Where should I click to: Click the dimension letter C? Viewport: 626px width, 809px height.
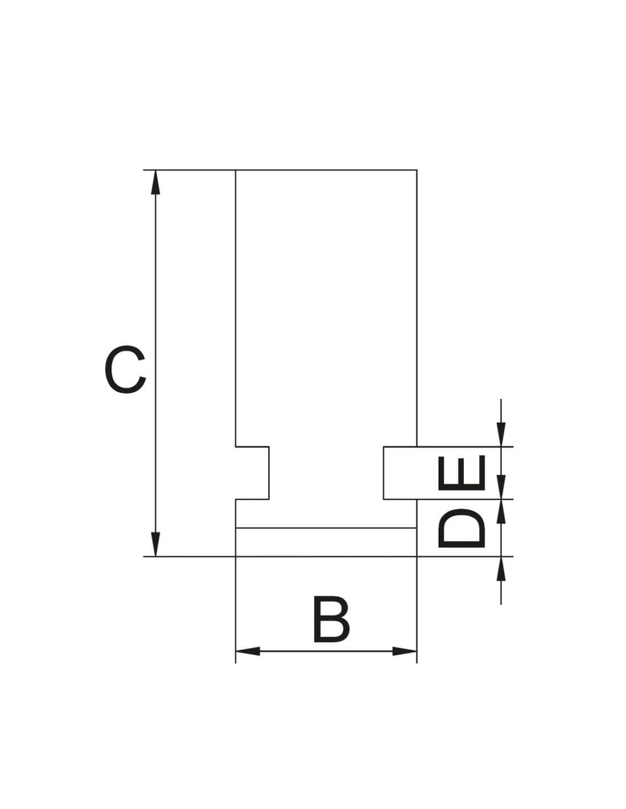click(x=125, y=369)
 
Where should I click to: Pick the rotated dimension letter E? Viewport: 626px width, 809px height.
click(x=462, y=472)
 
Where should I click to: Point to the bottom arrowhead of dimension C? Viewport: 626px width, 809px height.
click(x=155, y=544)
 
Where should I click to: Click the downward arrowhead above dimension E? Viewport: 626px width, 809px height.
click(x=501, y=435)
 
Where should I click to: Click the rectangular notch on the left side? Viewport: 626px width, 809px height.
click(x=252, y=473)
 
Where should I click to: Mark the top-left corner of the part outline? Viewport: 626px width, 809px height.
click(x=236, y=170)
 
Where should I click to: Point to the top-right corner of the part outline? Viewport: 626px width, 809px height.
click(x=417, y=170)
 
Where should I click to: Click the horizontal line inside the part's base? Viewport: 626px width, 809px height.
click(x=326, y=528)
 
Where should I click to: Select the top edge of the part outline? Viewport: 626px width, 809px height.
click(x=326, y=170)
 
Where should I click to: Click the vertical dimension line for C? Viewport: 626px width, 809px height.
click(x=155, y=364)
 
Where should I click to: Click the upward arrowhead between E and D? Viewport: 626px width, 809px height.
click(x=501, y=511)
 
